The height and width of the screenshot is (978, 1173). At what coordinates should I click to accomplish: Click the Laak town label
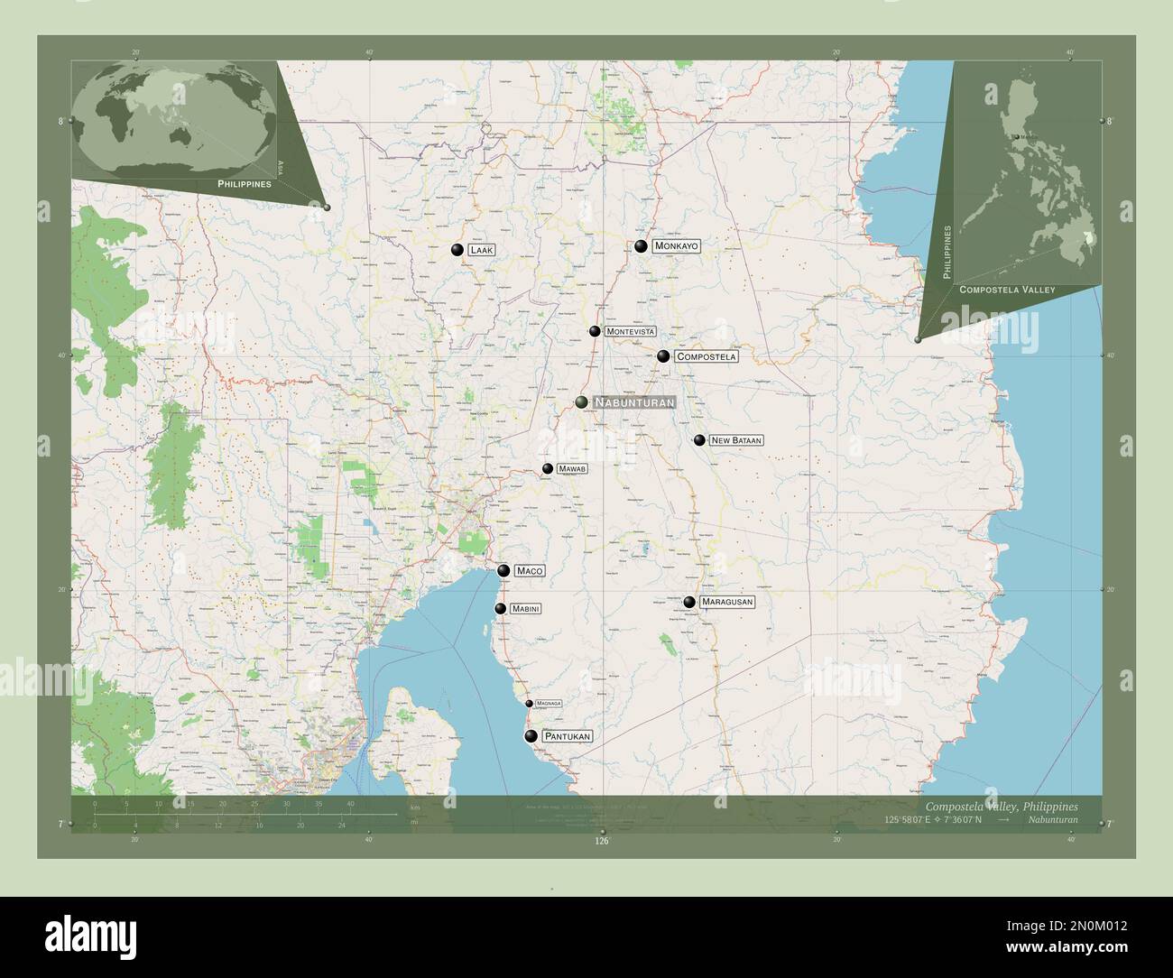point(480,250)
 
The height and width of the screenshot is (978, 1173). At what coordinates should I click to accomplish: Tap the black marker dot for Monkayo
point(641,246)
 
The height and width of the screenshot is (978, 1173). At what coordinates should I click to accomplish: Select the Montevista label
point(630,332)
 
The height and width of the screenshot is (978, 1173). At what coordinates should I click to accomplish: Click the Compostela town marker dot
point(663,356)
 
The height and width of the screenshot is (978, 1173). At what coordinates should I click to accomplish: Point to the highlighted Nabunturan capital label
point(633,402)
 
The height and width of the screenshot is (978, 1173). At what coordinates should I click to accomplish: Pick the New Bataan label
point(736,440)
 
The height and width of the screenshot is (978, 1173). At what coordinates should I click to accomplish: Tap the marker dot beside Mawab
point(548,469)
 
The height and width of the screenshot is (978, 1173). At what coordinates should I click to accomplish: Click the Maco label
point(529,571)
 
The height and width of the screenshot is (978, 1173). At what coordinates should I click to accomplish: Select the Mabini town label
point(525,609)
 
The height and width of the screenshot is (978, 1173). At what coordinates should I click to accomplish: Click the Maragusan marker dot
point(689,602)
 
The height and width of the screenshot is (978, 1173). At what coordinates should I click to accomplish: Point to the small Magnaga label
point(549,703)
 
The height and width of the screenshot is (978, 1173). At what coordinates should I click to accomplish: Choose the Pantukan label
point(568,737)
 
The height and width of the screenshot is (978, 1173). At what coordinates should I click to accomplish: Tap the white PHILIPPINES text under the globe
point(245,183)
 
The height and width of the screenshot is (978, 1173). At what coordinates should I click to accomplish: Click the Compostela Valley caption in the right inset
point(1007,290)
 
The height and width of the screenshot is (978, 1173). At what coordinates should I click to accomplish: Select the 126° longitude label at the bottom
point(602,841)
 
